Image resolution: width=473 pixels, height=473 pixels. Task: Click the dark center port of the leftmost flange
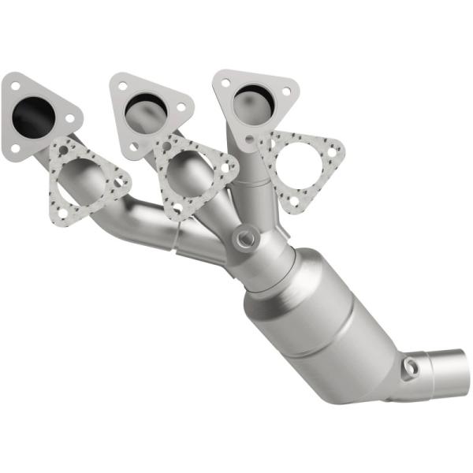[33, 118]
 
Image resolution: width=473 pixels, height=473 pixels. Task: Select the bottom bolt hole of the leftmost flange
[15, 147]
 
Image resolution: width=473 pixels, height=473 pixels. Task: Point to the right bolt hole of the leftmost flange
[69, 117]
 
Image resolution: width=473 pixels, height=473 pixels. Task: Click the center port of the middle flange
[146, 106]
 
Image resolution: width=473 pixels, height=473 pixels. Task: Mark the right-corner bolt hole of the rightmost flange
[285, 91]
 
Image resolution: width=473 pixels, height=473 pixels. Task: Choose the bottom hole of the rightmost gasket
[293, 202]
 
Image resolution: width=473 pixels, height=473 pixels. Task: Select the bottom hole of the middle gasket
[177, 207]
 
